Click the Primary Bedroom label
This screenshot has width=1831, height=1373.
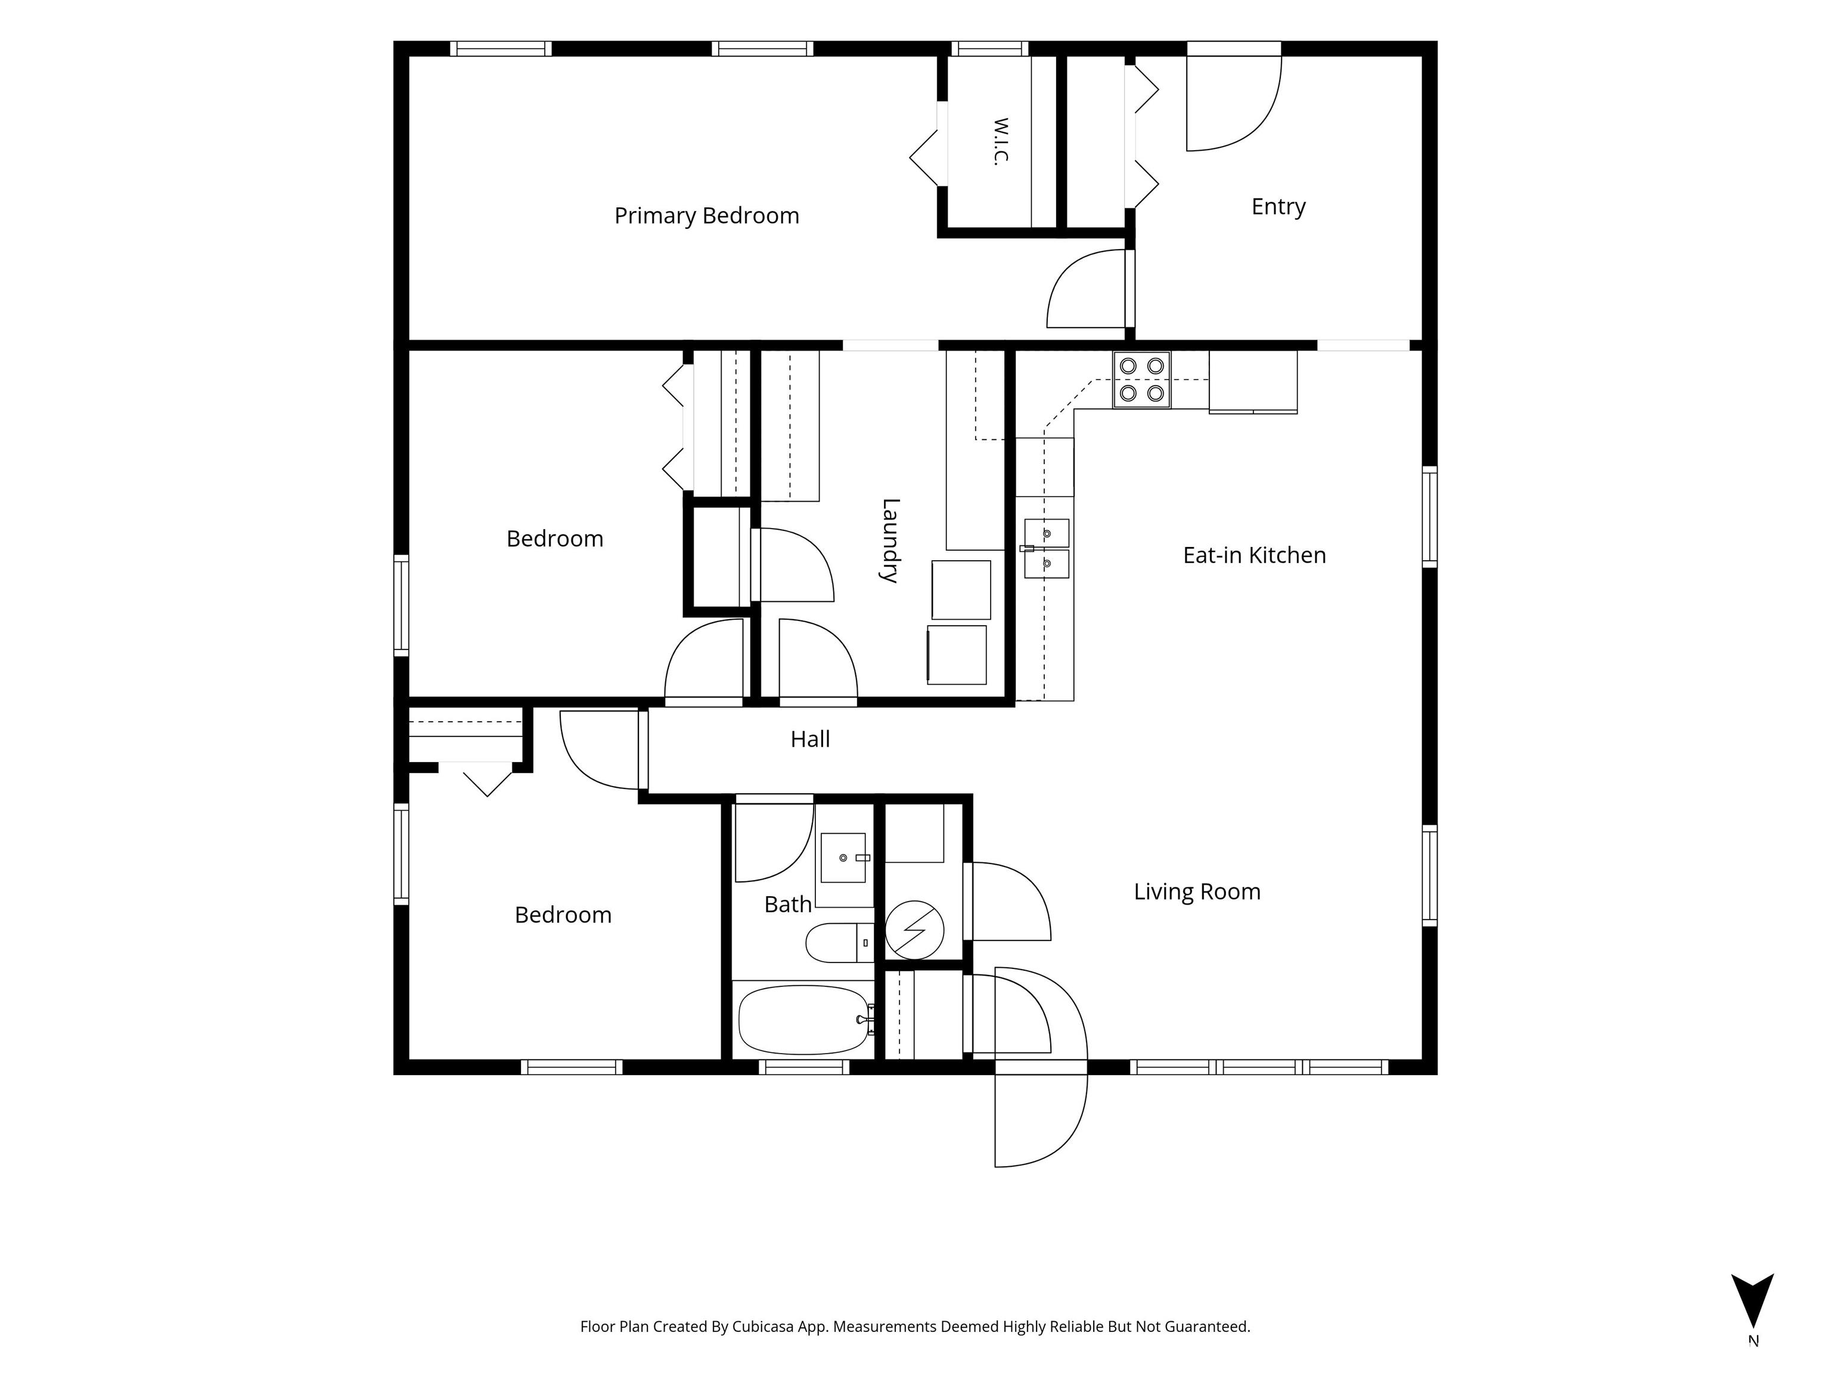[706, 216]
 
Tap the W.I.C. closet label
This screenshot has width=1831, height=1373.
[1000, 141]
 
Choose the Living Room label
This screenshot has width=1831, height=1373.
[1197, 891]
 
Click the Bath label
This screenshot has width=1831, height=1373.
[787, 905]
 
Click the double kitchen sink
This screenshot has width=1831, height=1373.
[1046, 548]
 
